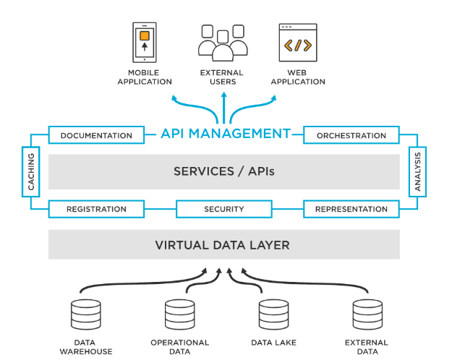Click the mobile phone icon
[x=145, y=43]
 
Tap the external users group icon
[x=223, y=43]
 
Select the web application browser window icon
[x=298, y=43]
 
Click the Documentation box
[x=96, y=135]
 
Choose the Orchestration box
[x=351, y=135]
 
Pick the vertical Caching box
[x=31, y=172]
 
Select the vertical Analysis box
[x=417, y=172]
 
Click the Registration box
[x=96, y=209]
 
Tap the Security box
[x=224, y=209]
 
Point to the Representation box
[x=351, y=209]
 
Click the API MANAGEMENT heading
[x=226, y=134]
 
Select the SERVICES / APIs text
[x=224, y=171]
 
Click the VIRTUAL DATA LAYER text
[x=222, y=245]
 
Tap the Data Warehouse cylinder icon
[x=86, y=314]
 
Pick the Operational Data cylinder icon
[x=180, y=314]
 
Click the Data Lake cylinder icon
[x=273, y=314]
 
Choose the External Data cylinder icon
[x=367, y=314]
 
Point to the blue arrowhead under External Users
[x=224, y=95]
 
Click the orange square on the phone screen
[x=145, y=35]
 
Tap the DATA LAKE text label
[x=273, y=343]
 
